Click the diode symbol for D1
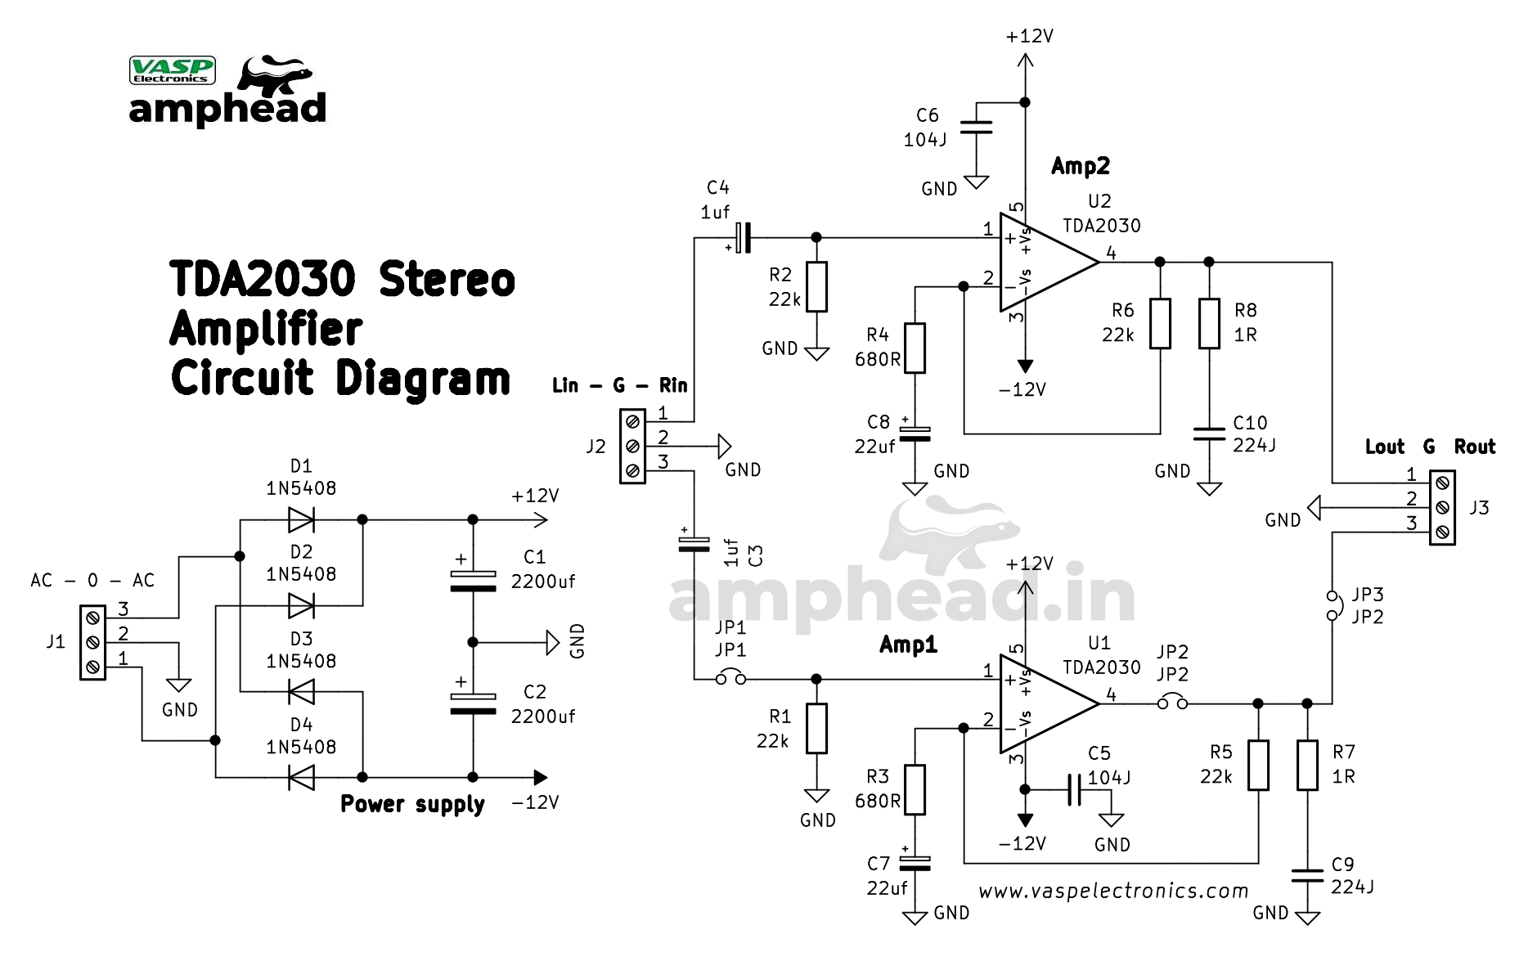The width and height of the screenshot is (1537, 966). coord(301,519)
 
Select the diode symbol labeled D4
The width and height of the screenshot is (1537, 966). coord(301,777)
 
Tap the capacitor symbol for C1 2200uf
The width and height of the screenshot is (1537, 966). coord(473,580)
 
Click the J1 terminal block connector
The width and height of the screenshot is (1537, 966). coord(92,642)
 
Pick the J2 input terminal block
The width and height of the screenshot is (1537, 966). coord(632,447)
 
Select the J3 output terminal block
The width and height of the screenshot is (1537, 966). coord(1442,508)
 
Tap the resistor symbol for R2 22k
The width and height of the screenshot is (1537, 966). coord(816,286)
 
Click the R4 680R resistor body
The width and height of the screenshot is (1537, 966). coord(915,348)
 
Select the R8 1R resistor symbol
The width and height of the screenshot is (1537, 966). coord(1209,323)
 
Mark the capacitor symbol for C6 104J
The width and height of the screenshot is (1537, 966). coord(976,127)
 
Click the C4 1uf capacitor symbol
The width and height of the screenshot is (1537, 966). coord(742,237)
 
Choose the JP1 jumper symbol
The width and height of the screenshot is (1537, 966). coord(730,678)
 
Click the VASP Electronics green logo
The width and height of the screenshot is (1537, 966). coord(173,70)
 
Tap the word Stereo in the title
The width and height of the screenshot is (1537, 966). coord(447,280)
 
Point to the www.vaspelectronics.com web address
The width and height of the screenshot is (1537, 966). coord(1113,891)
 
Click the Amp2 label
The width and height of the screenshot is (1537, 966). coord(1080,166)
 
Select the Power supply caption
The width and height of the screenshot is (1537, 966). coord(412,804)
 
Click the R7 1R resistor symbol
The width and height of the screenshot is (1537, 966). coord(1307,765)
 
